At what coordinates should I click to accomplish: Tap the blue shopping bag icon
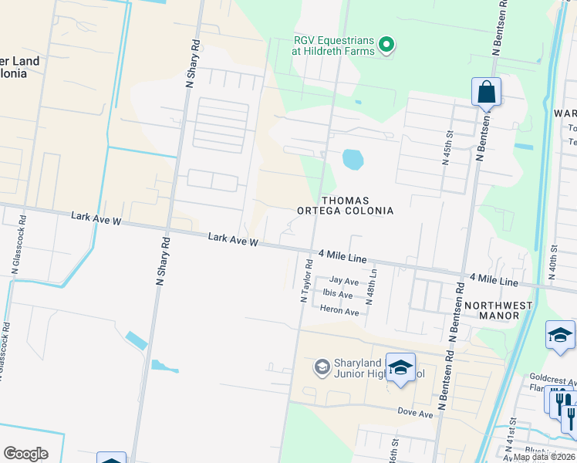click(486, 92)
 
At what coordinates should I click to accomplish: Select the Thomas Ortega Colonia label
click(346, 205)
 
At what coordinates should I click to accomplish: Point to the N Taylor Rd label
click(305, 281)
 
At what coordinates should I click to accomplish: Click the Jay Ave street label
click(344, 281)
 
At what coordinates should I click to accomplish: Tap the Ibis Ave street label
click(338, 295)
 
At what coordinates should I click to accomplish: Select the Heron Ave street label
click(339, 311)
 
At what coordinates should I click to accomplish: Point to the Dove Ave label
click(415, 414)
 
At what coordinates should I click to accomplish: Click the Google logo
click(25, 454)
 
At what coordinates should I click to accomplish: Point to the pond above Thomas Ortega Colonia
click(352, 160)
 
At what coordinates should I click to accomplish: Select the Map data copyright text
click(544, 457)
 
